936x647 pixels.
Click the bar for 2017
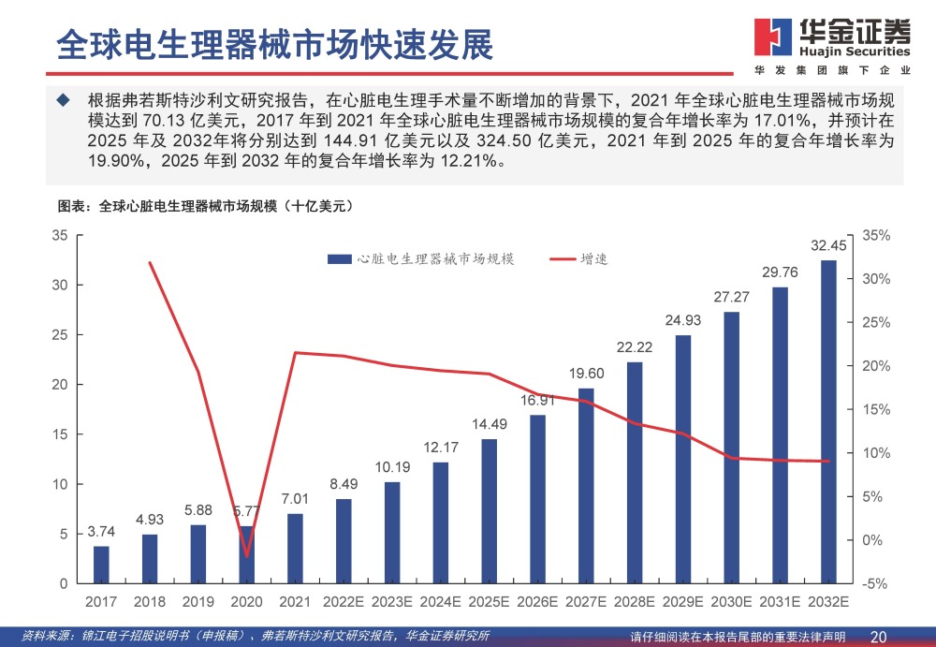click(101, 565)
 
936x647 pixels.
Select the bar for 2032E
click(828, 421)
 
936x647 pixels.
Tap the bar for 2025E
click(489, 511)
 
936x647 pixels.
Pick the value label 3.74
click(101, 532)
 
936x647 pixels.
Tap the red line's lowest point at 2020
click(246, 556)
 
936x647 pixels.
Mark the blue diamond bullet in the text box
click(63, 100)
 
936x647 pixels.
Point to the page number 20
click(878, 636)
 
